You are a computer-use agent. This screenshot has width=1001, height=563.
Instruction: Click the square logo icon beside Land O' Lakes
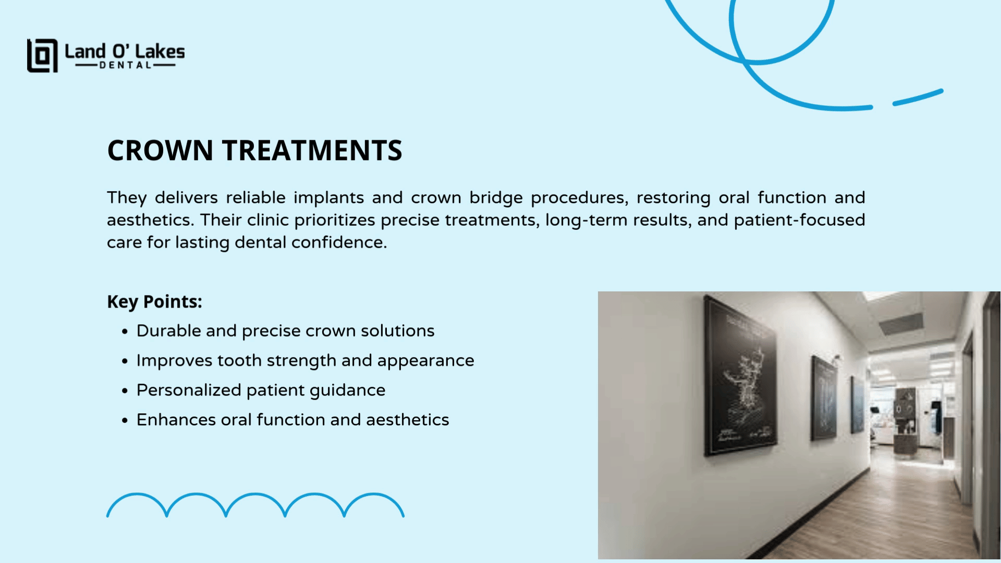point(42,55)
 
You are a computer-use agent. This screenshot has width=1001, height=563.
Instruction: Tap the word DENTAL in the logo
point(125,65)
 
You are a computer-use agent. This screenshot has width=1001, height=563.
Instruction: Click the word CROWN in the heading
point(161,150)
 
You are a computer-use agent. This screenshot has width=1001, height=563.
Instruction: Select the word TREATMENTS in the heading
point(312,150)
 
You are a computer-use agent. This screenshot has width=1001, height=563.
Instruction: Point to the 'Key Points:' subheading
point(154,302)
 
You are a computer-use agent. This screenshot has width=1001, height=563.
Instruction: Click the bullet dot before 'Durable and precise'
point(125,332)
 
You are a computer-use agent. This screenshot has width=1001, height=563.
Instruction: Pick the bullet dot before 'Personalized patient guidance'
point(125,391)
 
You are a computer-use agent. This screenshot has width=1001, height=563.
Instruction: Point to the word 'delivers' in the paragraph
point(187,198)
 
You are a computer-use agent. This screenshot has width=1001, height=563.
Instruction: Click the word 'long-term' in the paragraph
point(587,221)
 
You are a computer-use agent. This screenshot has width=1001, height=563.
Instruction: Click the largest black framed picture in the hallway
point(739,375)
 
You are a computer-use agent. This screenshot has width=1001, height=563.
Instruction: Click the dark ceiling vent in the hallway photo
point(901,323)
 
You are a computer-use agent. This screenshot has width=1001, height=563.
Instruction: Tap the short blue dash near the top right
point(918,97)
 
